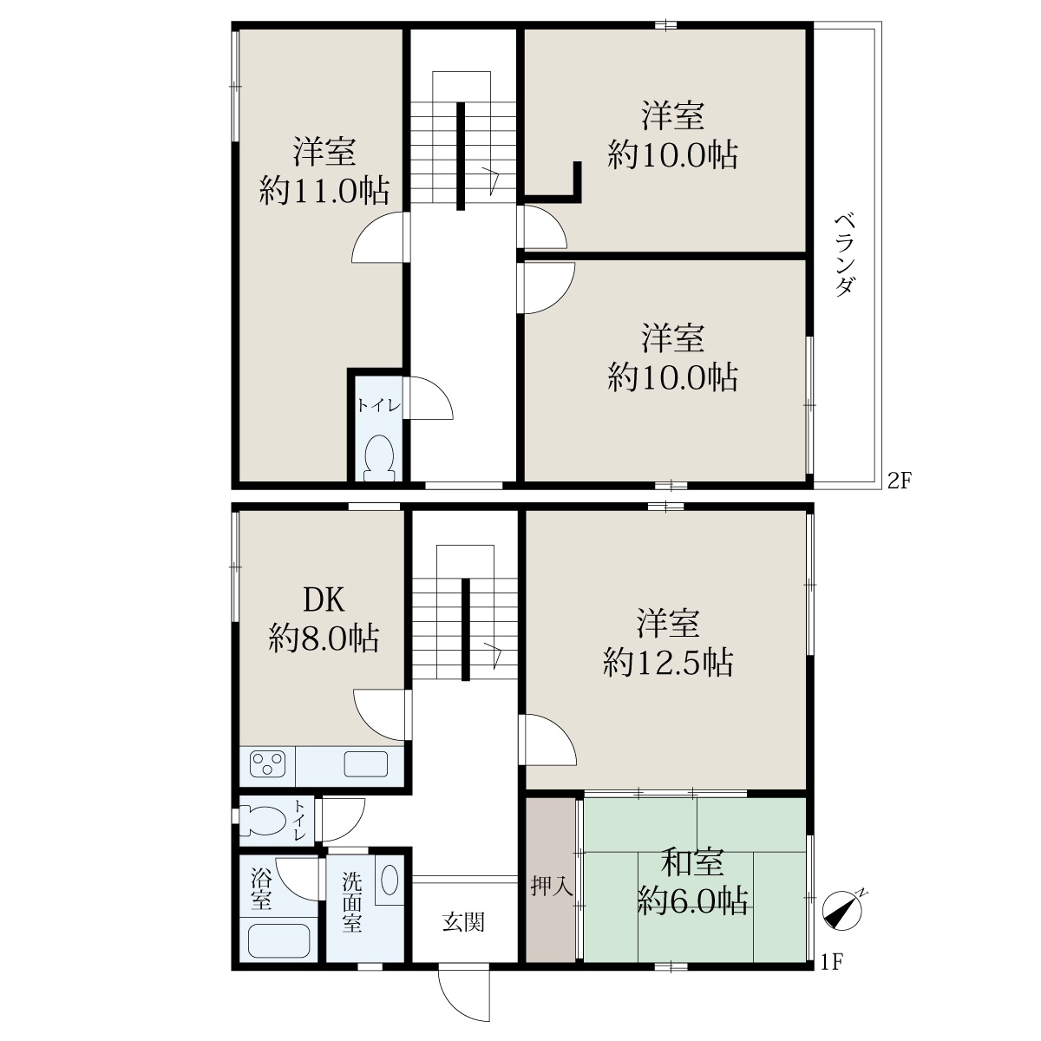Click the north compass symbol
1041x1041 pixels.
click(841, 911)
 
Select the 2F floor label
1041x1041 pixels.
click(900, 481)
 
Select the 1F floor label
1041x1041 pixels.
click(833, 961)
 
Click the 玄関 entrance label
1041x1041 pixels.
click(463, 921)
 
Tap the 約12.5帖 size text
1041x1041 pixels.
click(668, 662)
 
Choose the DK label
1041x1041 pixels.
click(324, 599)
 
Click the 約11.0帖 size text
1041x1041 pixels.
click(324, 190)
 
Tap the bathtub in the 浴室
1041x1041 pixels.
click(278, 940)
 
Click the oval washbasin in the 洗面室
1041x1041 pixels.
click(390, 881)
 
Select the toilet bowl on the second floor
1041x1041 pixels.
click(379, 457)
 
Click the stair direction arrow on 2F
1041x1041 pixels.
click(491, 180)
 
